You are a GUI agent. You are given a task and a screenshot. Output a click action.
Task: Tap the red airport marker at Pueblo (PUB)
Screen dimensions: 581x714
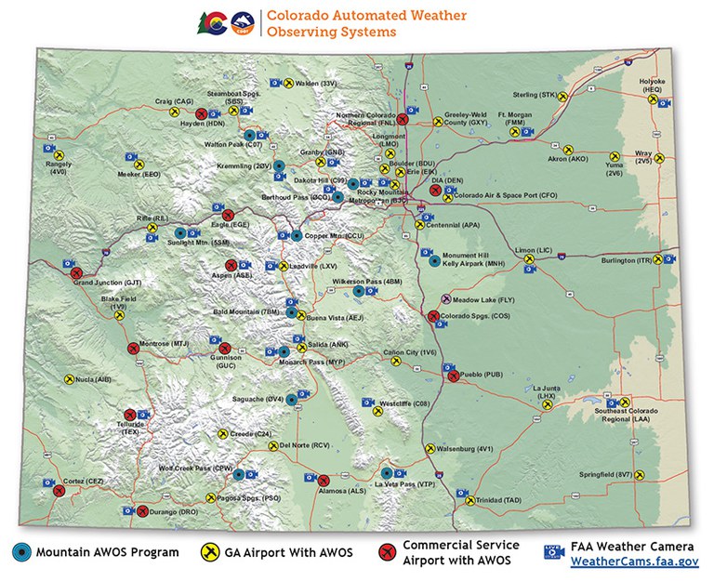[454, 376]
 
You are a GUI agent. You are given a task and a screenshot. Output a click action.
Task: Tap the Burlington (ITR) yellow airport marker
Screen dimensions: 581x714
[664, 261]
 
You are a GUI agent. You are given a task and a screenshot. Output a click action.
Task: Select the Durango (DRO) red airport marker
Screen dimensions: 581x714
[142, 511]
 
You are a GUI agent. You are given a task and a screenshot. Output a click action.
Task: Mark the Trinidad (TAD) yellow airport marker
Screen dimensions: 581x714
[469, 500]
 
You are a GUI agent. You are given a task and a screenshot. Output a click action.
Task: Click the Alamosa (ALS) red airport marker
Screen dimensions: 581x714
[310, 480]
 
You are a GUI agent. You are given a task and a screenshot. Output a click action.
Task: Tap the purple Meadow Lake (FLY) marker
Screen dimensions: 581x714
[446, 299]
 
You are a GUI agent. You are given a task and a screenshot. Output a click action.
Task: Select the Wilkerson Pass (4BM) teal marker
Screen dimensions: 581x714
[359, 291]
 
